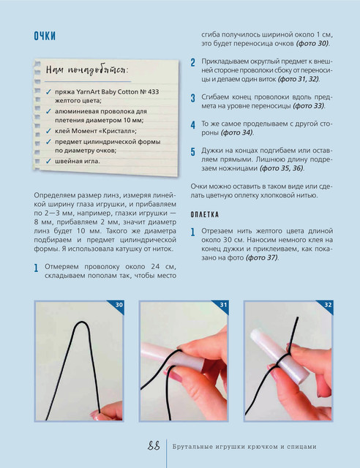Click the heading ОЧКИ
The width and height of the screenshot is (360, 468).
tap(45, 36)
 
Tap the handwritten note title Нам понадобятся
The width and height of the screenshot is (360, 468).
tap(87, 70)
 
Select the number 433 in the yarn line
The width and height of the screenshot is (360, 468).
tap(153, 92)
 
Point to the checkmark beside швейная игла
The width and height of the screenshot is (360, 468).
tap(48, 161)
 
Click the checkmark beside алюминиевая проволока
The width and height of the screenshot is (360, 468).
tap(48, 111)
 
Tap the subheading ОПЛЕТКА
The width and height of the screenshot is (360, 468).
tap(205, 214)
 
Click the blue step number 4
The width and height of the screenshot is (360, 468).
tap(193, 125)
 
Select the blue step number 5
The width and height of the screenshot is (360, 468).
tap(193, 151)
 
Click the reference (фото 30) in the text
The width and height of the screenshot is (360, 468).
tap(312, 44)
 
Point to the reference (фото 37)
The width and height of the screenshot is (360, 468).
tap(262, 257)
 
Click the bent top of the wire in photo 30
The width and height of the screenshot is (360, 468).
tap(81, 322)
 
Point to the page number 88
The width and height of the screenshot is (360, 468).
tap(154, 446)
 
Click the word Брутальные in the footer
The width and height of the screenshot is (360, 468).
tap(192, 447)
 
